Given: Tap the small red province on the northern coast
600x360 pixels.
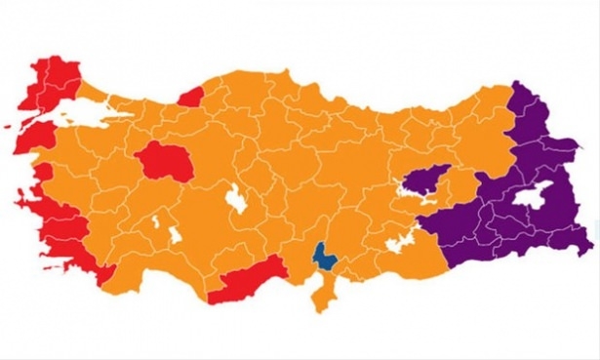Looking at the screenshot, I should click(190, 95).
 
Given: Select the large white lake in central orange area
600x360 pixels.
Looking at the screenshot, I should click(237, 199).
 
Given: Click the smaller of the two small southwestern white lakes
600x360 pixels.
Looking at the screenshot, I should click(155, 223).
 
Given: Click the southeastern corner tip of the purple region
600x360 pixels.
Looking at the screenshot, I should click(587, 240).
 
